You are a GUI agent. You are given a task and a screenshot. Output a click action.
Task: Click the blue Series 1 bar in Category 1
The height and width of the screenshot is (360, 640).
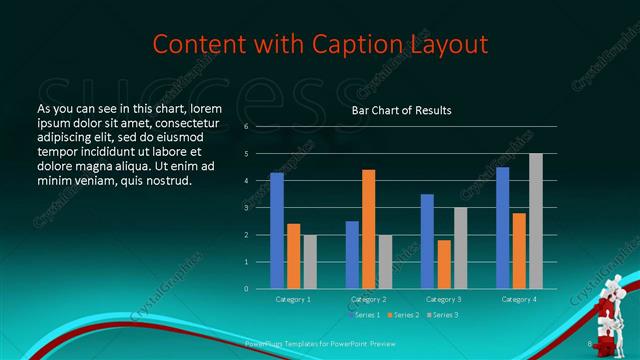tap(277, 231)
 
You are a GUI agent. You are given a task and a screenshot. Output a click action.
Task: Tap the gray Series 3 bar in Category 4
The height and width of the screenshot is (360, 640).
tap(535, 221)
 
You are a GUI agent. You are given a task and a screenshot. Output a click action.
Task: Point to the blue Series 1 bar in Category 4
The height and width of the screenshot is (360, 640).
tap(502, 228)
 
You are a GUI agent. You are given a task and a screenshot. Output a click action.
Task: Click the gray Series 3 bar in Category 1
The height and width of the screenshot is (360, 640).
tap(310, 262)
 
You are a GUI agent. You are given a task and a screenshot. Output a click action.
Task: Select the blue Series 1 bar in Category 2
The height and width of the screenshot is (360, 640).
tap(352, 255)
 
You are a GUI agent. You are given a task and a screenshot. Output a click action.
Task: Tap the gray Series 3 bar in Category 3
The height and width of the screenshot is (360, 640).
tap(460, 248)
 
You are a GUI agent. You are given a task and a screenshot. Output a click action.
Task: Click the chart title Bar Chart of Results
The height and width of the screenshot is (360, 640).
tap(401, 110)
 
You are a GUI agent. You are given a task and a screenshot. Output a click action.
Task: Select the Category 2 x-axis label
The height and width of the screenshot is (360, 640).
tap(368, 299)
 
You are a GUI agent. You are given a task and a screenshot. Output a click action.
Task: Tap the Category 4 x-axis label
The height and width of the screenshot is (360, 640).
tap(518, 299)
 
